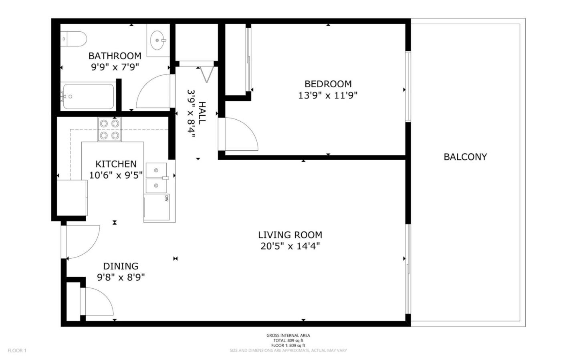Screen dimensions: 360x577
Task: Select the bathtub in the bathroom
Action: [88, 97]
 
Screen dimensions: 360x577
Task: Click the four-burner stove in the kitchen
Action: [110, 129]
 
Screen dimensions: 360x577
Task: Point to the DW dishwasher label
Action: [166, 198]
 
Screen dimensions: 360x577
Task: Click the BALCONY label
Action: [465, 157]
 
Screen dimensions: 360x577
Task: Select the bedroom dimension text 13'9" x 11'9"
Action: [328, 95]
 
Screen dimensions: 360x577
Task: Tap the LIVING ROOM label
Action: [290, 235]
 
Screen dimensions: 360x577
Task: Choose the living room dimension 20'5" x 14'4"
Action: [290, 246]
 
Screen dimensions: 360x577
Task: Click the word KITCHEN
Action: [116, 164]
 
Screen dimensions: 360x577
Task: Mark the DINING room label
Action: [121, 266]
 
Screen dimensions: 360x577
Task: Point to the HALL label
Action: [202, 113]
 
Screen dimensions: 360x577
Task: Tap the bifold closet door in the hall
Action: [206, 74]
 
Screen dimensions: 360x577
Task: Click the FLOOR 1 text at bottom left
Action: [17, 350]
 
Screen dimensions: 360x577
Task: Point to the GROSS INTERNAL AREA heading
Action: [288, 336]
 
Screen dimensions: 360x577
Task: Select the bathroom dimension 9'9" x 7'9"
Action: [115, 67]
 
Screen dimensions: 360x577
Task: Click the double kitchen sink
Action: [157, 178]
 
